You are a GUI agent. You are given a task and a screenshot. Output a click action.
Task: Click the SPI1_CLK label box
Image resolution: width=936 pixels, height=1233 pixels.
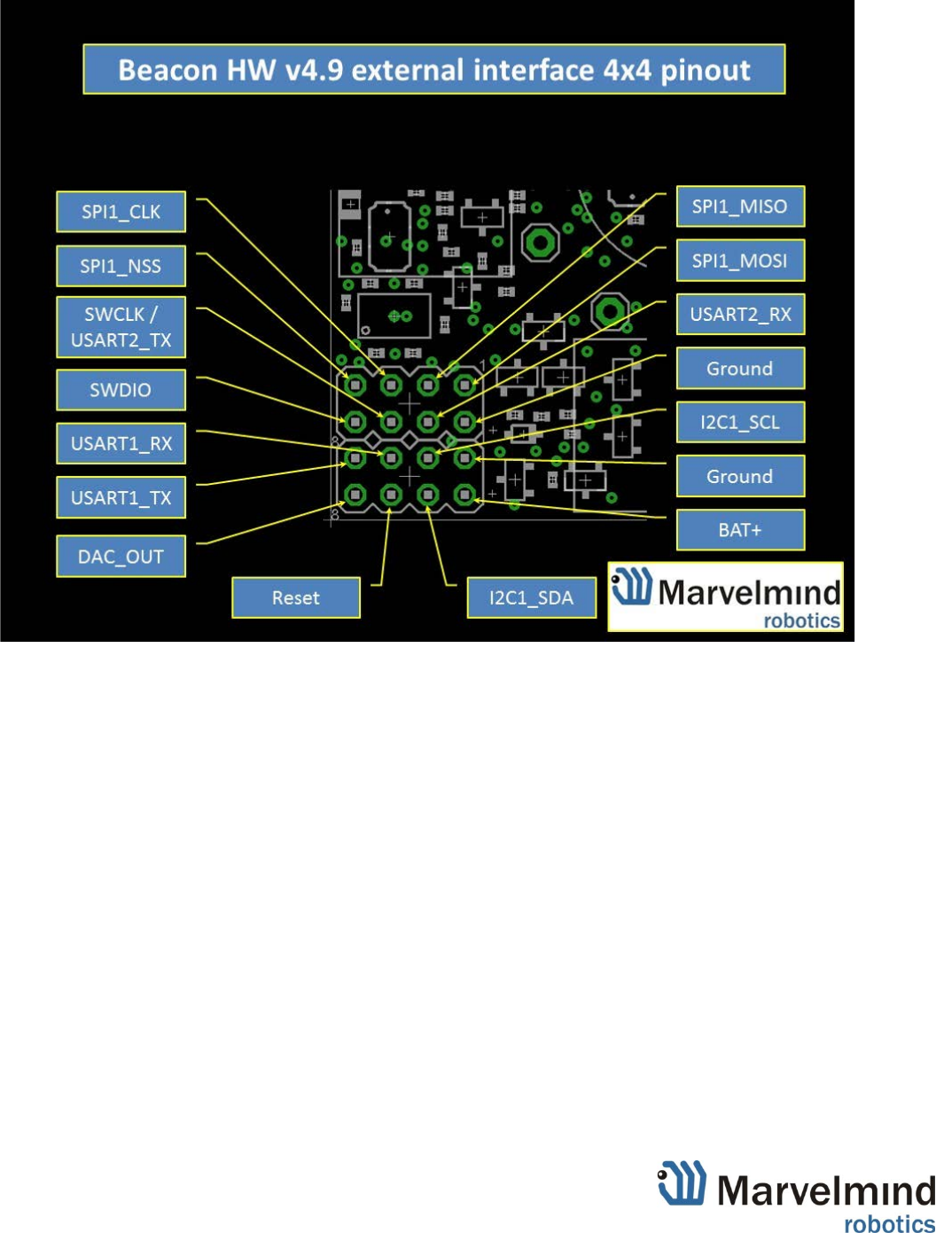(x=121, y=212)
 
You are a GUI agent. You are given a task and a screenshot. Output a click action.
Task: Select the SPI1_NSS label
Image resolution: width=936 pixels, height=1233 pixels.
(x=121, y=266)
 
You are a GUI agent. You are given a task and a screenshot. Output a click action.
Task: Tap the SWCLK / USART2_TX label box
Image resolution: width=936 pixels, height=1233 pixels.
(x=121, y=327)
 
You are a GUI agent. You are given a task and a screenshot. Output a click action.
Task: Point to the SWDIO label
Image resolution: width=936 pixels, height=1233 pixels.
(x=121, y=390)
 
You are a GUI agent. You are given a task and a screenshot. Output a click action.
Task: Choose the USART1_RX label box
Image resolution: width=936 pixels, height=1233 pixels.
(x=121, y=444)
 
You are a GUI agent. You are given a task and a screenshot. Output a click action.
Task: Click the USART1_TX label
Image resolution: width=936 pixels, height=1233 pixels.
(x=121, y=498)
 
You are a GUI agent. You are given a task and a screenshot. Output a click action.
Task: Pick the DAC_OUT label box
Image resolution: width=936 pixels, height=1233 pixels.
(x=121, y=557)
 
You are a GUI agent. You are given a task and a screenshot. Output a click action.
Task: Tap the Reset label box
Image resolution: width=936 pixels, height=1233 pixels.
(x=296, y=598)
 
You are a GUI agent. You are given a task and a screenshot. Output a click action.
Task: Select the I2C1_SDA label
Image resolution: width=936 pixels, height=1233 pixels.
(x=531, y=598)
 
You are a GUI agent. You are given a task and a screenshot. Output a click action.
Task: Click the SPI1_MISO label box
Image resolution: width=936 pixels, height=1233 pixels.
(x=740, y=207)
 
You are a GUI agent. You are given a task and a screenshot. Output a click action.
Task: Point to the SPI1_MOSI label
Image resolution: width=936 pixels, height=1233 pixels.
(x=740, y=261)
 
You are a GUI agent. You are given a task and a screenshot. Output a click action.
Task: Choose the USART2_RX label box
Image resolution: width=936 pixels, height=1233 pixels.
(x=740, y=315)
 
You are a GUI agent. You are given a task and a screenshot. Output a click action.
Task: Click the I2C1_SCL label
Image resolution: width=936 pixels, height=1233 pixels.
(x=740, y=422)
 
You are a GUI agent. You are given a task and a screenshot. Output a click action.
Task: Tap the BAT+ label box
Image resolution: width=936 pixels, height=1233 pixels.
(x=740, y=530)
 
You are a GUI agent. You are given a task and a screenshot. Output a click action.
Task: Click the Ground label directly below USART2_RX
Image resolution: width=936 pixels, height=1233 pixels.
(x=740, y=369)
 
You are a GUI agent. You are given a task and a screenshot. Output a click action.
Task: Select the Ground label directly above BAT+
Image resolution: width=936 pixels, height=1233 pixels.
(x=740, y=477)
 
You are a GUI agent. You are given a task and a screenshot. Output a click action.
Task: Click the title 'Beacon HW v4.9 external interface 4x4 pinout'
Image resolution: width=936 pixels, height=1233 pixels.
(x=434, y=70)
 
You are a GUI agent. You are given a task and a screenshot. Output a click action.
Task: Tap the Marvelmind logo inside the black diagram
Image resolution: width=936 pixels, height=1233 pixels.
(x=725, y=597)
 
